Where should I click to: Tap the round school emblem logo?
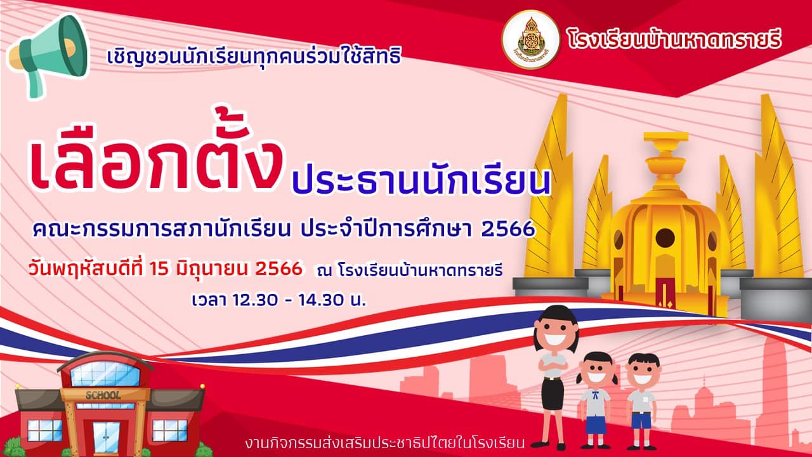click(x=531, y=39)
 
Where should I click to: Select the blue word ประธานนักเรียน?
click(x=422, y=179)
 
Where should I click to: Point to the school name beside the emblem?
click(x=674, y=39)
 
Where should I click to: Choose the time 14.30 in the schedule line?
click(x=321, y=300)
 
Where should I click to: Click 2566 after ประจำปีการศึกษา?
click(x=508, y=228)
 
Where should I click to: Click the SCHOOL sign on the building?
click(x=103, y=395)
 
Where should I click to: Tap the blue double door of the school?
click(x=106, y=437)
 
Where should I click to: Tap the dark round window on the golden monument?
click(x=665, y=238)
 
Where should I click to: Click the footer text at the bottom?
click(x=384, y=443)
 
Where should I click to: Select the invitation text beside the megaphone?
click(x=254, y=57)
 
